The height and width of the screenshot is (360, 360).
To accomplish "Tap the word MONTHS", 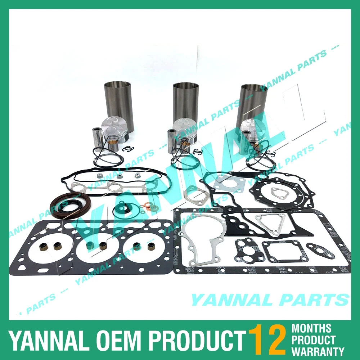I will point(311,328).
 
